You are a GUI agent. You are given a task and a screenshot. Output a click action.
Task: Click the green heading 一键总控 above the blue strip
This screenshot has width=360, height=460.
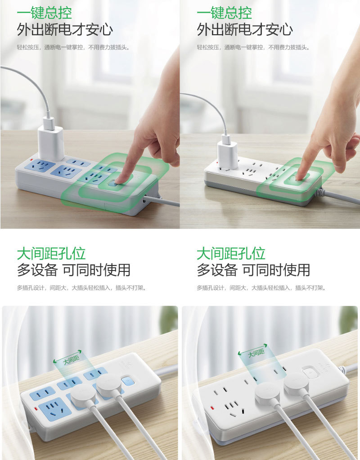point(44,12)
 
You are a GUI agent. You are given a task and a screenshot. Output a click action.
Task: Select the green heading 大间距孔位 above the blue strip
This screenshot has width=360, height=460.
point(51,253)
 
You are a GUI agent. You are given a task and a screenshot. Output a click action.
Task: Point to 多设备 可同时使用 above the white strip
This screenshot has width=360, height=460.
point(253,270)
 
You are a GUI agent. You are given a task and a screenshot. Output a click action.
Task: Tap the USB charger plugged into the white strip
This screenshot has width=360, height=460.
point(227,154)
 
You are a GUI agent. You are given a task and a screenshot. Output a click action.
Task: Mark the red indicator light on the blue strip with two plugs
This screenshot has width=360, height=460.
point(36,409)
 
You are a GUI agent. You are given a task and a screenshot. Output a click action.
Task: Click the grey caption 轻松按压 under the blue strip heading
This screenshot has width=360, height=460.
point(28,47)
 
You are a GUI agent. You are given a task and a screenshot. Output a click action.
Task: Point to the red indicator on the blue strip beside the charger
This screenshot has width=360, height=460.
point(31,159)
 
